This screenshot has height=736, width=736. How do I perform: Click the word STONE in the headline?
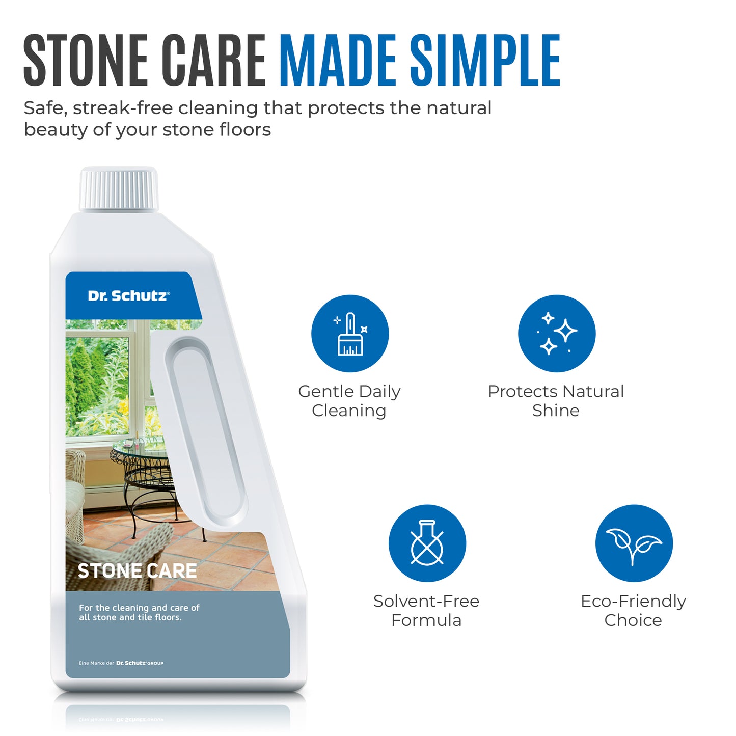[x=86, y=60]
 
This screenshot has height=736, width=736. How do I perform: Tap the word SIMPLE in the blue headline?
[x=485, y=60]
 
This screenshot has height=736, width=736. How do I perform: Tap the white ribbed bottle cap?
[x=119, y=189]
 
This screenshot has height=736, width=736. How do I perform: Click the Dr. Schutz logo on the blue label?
[x=128, y=296]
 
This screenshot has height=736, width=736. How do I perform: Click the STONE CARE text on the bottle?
[x=137, y=571]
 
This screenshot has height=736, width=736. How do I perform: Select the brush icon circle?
[x=350, y=334]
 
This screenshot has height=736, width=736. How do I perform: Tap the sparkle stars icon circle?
[x=557, y=334]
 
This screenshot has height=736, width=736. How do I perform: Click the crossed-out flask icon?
[x=427, y=543]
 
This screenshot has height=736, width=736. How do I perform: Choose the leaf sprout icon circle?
[x=634, y=543]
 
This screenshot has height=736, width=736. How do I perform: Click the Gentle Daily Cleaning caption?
[x=349, y=401]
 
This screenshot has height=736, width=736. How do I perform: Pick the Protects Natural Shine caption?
[x=556, y=401]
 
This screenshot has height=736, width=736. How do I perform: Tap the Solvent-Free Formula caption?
[x=426, y=611]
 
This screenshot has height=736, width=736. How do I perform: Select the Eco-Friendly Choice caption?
[x=633, y=611]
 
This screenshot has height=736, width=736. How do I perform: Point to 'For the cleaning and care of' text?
[x=139, y=608]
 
